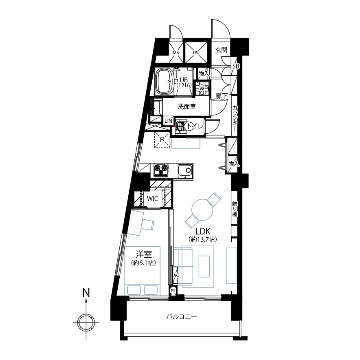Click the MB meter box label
click(x=176, y=53)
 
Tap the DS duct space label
click(x=195, y=53)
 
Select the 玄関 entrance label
click(x=221, y=50)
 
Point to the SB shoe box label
click(x=236, y=66)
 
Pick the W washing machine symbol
click(x=202, y=88)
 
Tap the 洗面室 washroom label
click(x=187, y=107)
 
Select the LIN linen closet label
click(x=168, y=121)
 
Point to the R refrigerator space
click(x=162, y=139)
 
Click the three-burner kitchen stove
click(x=161, y=170)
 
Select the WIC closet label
click(x=152, y=199)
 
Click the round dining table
click(x=202, y=210)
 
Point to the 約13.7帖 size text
click(x=203, y=240)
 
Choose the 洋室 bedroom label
click(x=143, y=254)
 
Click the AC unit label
click(x=176, y=275)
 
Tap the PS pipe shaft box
click(x=173, y=291)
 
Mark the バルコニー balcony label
click(x=182, y=316)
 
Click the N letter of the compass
click(x=86, y=293)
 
